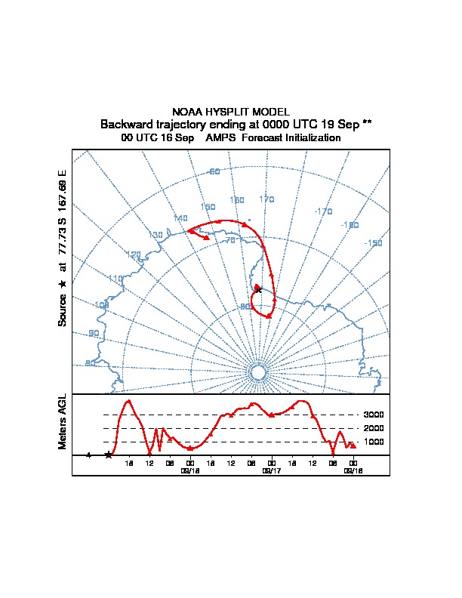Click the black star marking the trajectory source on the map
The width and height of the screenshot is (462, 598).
257,288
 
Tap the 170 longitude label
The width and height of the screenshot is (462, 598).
266,199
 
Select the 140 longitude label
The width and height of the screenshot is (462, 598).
180,218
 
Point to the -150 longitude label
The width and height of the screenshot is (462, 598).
373,242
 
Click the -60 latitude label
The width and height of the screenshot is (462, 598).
214,171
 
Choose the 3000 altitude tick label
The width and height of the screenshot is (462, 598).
374,415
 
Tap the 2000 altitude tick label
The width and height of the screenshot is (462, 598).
374,428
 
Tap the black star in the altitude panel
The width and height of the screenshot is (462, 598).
109,455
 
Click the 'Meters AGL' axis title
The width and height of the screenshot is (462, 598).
63,422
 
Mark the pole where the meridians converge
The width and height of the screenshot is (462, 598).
257,373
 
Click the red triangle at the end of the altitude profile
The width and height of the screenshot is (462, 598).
353,446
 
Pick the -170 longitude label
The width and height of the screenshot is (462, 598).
323,211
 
